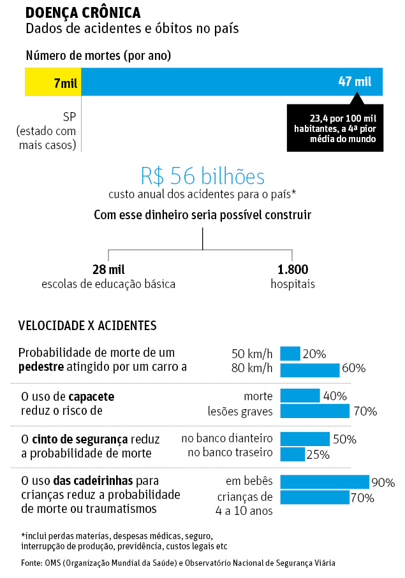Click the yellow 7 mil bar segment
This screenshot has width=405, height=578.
[53, 82]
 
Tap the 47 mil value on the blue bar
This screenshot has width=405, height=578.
[355, 82]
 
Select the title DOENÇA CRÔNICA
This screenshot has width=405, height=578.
[83, 13]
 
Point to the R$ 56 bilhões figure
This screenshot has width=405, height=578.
[202, 177]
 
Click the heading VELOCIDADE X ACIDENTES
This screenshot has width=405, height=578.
[87, 326]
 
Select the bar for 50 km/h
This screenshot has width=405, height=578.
[290, 353]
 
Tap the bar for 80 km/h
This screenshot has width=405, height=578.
[310, 369]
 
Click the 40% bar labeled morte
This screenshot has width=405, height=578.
[300, 396]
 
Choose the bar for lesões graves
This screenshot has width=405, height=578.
[315, 412]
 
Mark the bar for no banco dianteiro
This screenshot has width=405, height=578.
[305, 438]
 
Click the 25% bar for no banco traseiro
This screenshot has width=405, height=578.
[293, 454]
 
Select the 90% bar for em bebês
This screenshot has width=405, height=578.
[325, 482]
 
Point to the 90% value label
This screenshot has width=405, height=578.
[383, 483]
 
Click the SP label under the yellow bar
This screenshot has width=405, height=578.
[70, 117]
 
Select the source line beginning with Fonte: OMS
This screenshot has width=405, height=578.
[178, 563]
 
